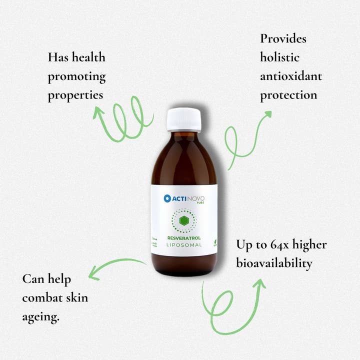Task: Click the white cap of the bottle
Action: click(183, 119)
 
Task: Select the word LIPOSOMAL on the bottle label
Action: click(183, 244)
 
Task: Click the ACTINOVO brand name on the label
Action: click(188, 198)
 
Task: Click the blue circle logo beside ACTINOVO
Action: click(167, 198)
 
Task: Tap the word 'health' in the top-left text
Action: click(88, 57)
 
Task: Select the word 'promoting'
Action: click(76, 77)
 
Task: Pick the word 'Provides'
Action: click(283, 38)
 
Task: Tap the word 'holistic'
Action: click(279, 57)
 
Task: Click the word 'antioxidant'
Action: click(291, 76)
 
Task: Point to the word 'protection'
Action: click(288, 95)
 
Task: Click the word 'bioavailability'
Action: click(274, 263)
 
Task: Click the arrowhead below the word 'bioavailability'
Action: click(259, 283)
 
